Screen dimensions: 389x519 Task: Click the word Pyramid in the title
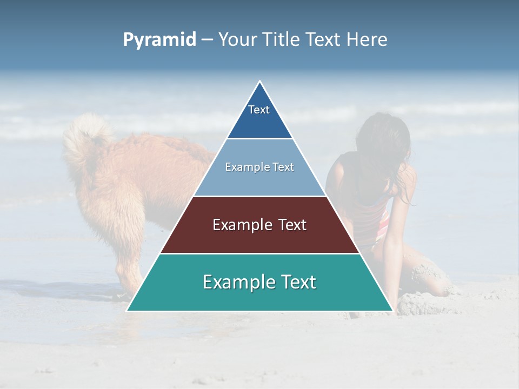[159, 40]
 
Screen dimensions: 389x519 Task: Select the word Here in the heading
[367, 40]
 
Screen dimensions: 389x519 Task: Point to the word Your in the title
[237, 40]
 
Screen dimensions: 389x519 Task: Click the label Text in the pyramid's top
[259, 110]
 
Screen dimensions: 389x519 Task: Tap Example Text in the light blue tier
[259, 167]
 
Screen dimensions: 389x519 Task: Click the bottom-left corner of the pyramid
[128, 310]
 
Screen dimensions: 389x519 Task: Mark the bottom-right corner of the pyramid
[392, 310]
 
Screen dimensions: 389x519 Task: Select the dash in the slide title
[207, 40]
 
